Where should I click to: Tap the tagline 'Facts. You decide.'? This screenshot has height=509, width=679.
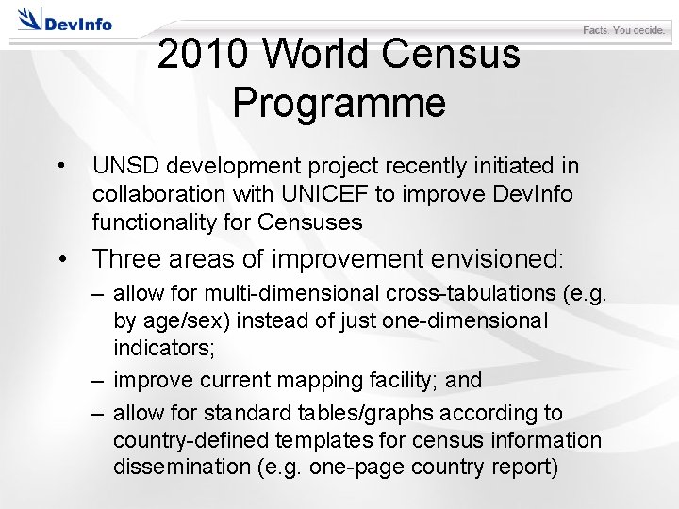(624, 30)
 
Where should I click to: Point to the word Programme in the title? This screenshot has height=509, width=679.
(339, 102)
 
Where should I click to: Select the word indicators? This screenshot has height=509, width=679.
(163, 347)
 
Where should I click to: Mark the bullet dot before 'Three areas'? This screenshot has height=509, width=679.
(62, 259)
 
